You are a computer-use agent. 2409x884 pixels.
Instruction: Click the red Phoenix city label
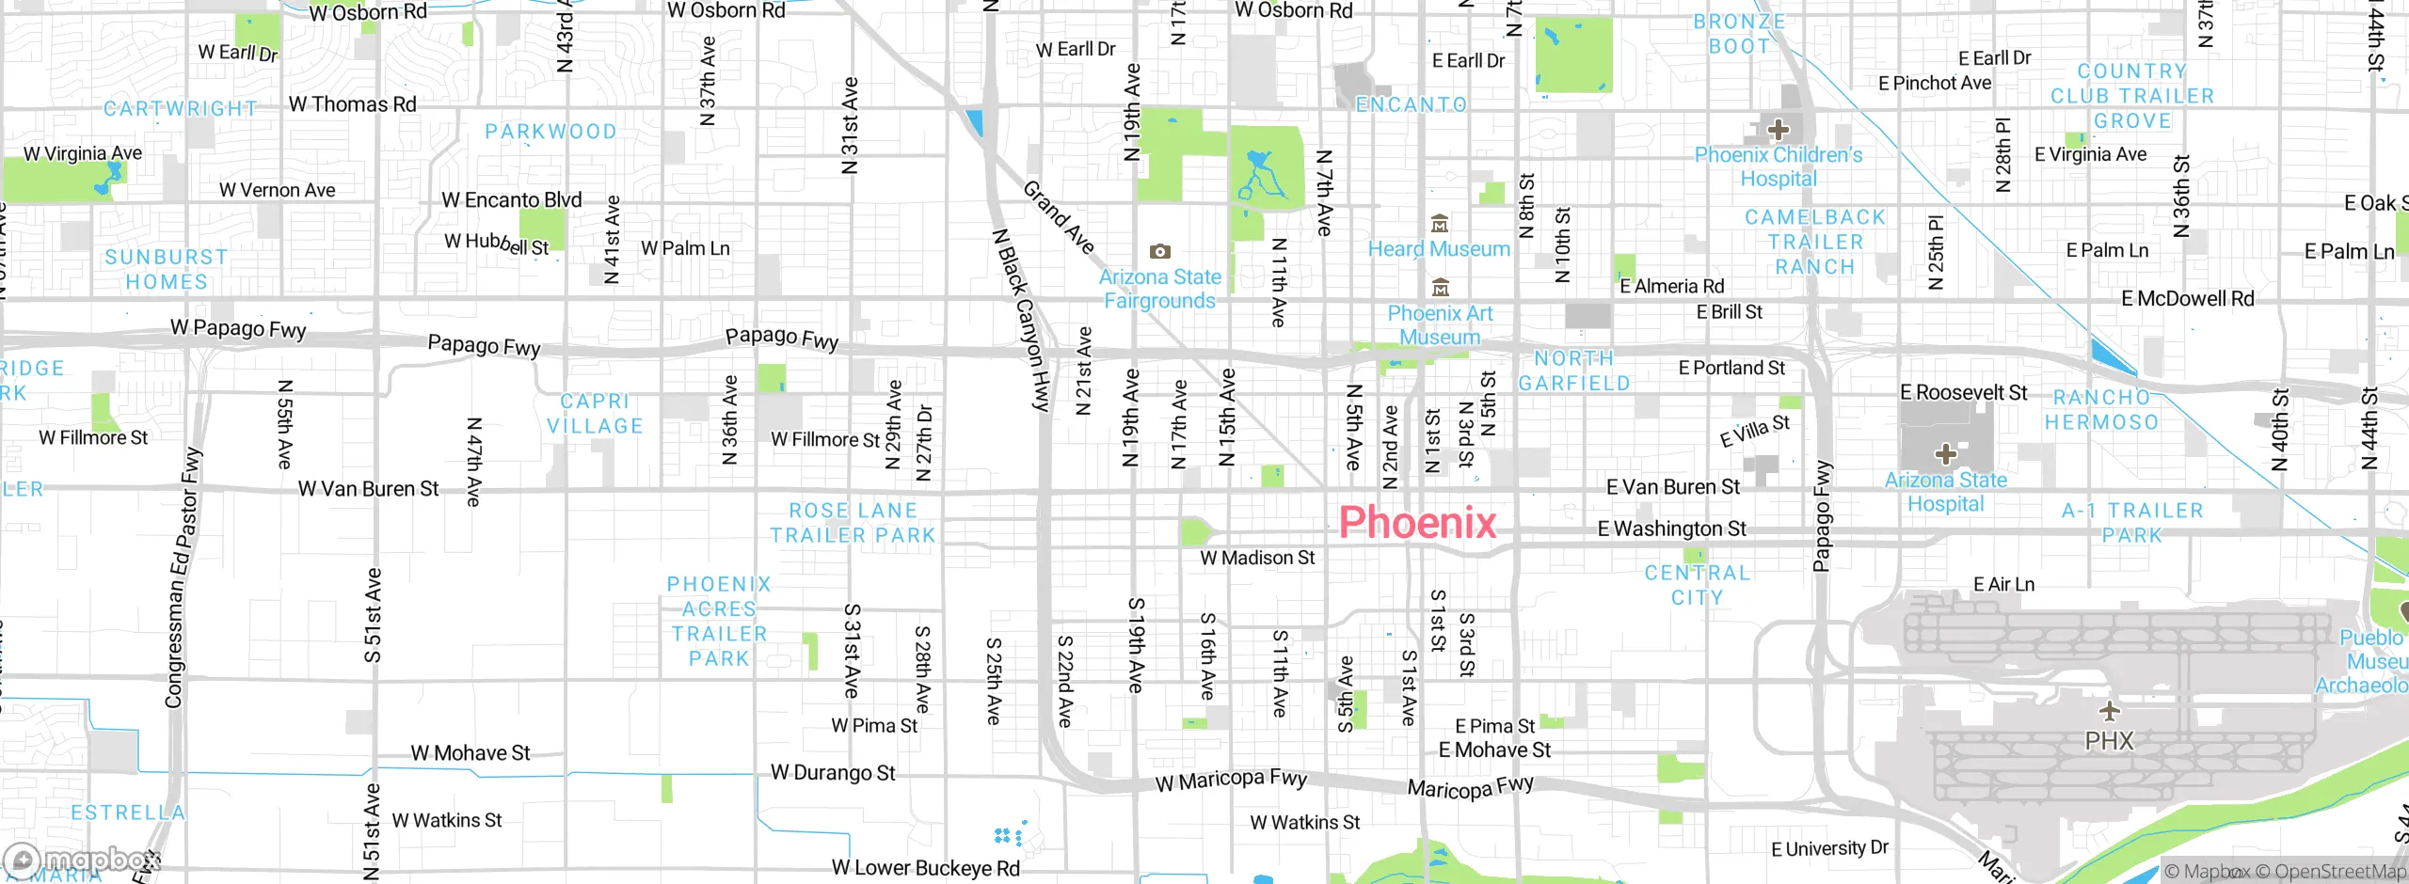[1417, 523]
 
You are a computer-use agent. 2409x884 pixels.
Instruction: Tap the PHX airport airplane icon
[2109, 710]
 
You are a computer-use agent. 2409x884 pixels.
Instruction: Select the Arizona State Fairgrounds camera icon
[1160, 251]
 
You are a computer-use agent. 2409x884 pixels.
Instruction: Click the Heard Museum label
[1439, 249]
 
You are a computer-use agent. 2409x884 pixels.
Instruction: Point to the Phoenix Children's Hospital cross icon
[1778, 129]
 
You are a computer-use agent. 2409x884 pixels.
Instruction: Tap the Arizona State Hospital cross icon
[1945, 455]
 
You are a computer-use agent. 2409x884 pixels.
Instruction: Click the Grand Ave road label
[1060, 218]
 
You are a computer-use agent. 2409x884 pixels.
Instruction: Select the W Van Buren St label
[368, 489]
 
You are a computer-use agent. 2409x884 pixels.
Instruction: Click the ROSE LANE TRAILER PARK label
[853, 523]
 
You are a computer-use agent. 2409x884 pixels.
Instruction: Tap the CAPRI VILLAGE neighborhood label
[595, 414]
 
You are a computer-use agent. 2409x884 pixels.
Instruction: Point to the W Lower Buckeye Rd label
[925, 868]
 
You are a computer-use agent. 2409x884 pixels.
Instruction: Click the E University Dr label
[1829, 848]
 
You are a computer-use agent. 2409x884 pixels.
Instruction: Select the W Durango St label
[833, 773]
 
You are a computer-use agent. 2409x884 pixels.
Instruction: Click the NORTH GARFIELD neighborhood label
[1574, 371]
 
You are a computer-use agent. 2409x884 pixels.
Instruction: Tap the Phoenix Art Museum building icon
[1440, 287]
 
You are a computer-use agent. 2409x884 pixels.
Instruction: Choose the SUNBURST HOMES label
[167, 269]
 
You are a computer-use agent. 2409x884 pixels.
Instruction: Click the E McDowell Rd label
[2187, 299]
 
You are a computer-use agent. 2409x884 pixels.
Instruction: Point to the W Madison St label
[1257, 558]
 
